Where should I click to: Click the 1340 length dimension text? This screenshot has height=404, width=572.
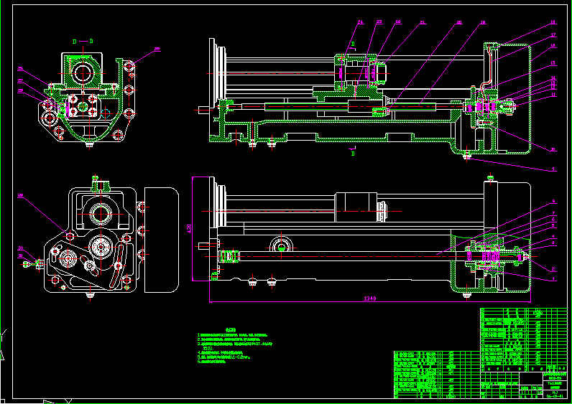tap(371, 297)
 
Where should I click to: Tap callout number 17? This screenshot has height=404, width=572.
tap(553, 34)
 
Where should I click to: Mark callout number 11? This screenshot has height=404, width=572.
tap(553, 94)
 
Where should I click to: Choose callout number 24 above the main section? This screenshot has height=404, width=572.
tap(361, 22)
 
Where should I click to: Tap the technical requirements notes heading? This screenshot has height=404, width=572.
tap(231, 328)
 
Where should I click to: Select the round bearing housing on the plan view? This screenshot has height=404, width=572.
tap(282, 246)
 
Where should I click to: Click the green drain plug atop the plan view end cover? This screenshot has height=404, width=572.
tap(490, 177)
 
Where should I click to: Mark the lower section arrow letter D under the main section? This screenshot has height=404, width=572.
tap(353, 154)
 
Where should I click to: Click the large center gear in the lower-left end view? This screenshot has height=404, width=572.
tap(100, 248)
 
